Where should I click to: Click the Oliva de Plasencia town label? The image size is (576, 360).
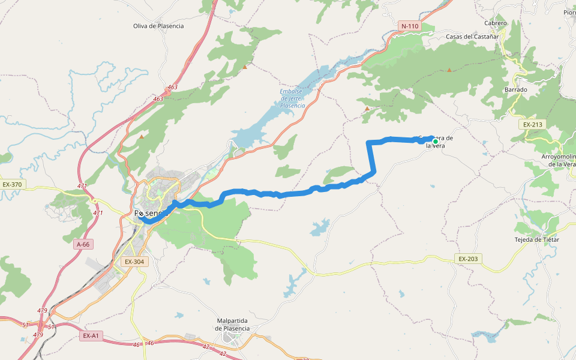(158, 26)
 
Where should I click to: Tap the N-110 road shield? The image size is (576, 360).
(409, 26)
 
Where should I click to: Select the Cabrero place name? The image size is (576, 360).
(496, 23)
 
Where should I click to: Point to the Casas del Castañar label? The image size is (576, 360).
(473, 37)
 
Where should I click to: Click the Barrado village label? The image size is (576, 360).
(516, 90)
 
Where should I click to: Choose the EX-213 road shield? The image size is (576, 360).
(532, 125)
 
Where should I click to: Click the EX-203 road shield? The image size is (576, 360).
(468, 259)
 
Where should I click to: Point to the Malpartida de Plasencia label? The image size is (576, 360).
(233, 325)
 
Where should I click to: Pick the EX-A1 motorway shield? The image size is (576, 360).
(91, 336)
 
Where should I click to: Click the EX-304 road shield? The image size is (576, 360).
(134, 262)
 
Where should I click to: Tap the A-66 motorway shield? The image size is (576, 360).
(83, 244)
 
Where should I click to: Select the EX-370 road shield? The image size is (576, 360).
(12, 185)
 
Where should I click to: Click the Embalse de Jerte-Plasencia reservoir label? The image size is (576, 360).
(292, 98)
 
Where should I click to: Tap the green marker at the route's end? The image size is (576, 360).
(435, 142)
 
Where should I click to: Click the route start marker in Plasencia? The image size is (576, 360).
(140, 214)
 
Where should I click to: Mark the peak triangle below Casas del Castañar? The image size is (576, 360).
(449, 70)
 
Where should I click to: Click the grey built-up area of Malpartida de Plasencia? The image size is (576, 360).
(232, 339)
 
